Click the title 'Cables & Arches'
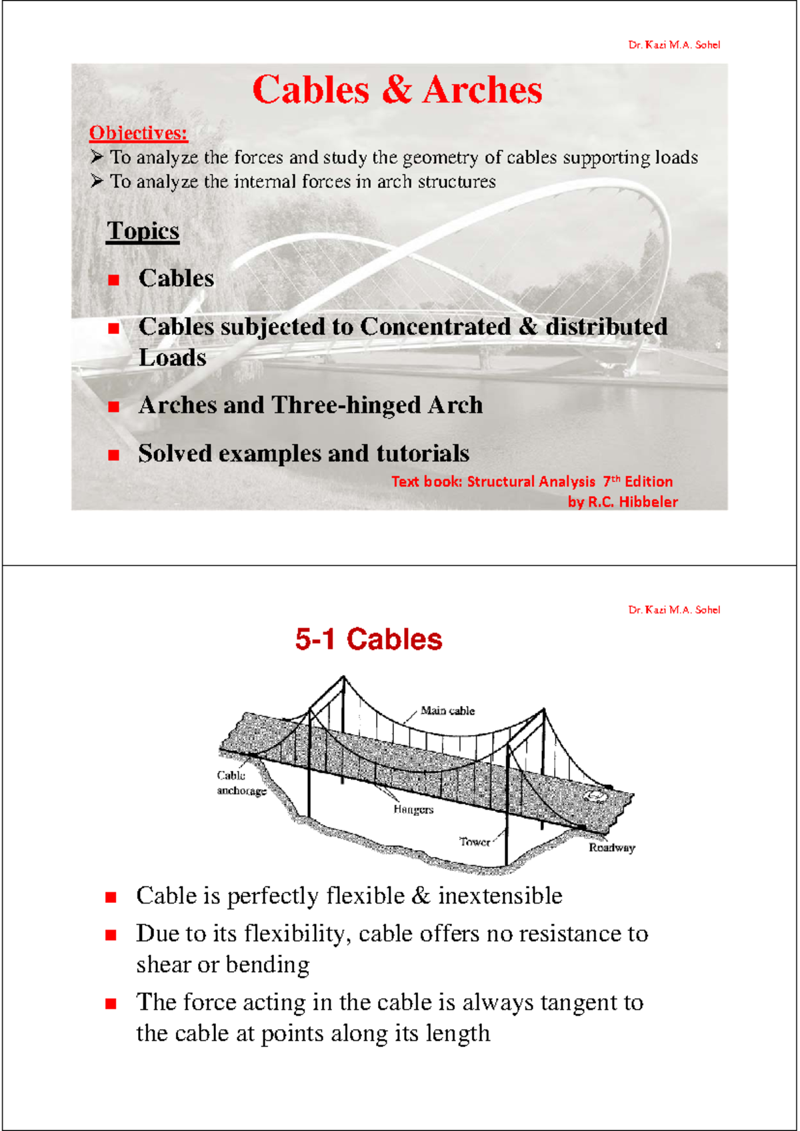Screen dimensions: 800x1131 (397, 90)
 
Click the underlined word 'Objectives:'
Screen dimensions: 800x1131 (139, 133)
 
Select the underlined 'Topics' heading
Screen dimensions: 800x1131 (143, 231)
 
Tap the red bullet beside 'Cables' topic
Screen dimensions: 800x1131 (114, 280)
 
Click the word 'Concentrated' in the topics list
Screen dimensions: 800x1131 (435, 327)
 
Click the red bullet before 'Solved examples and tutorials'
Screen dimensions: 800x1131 (114, 455)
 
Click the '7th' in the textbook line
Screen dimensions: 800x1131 (611, 481)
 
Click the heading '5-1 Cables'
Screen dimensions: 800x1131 (369, 640)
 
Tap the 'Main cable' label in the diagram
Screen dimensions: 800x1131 (447, 711)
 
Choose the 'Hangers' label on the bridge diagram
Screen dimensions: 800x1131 (413, 810)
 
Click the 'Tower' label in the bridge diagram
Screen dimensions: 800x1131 (475, 842)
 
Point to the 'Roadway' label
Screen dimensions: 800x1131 (611, 848)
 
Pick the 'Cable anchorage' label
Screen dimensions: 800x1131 (241, 784)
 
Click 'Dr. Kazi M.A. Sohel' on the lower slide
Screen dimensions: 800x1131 (674, 610)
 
